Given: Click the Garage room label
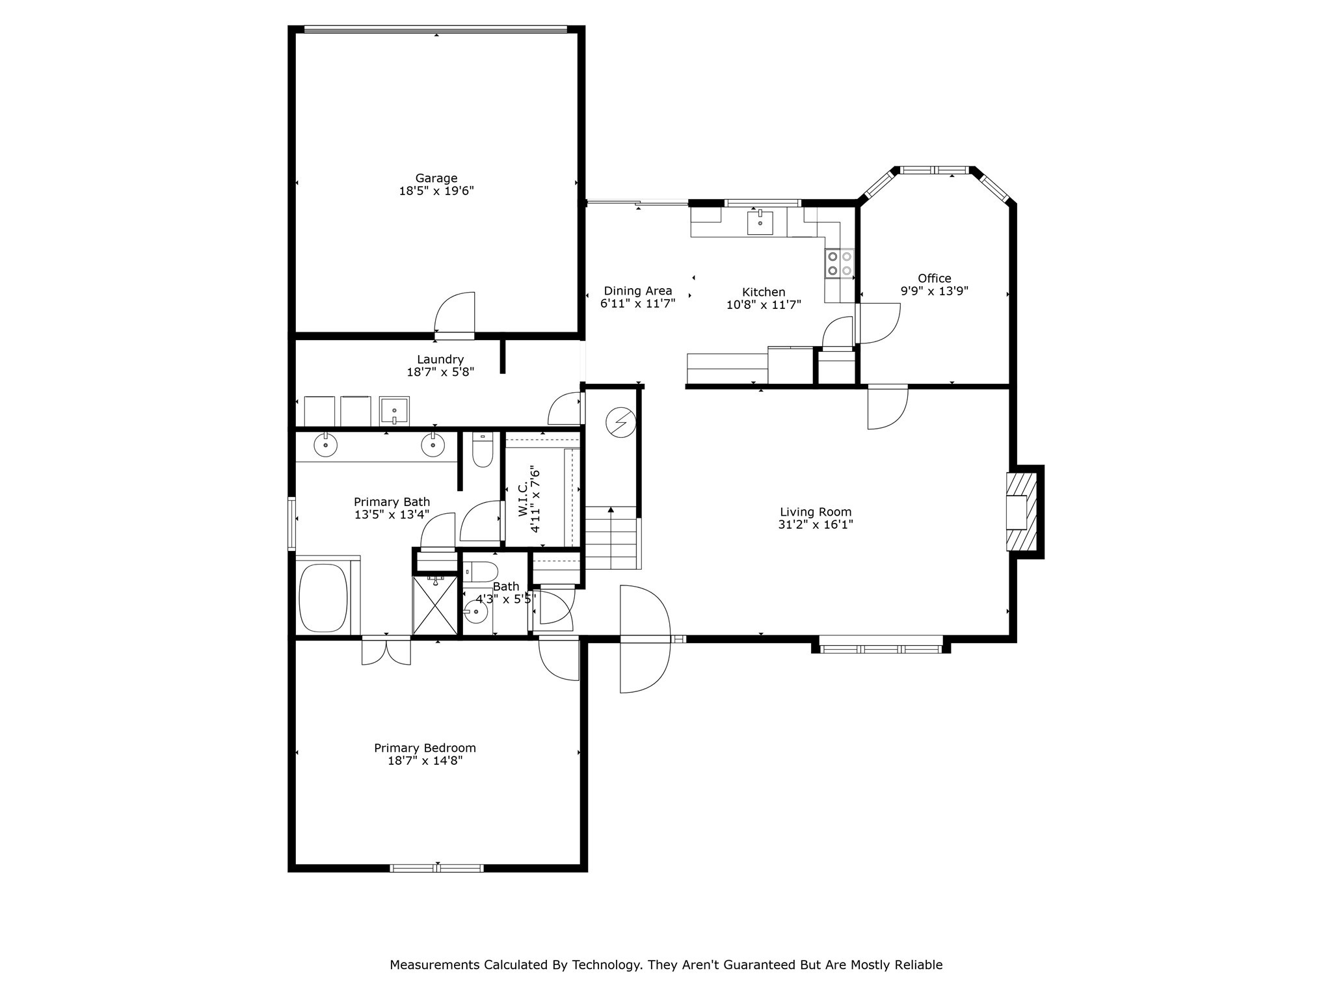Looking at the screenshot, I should click(436, 178).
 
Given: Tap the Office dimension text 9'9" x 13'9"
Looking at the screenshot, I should click(934, 291).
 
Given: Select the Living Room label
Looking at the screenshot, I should click(816, 513).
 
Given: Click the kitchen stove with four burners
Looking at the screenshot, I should click(839, 263).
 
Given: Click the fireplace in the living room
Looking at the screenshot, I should click(1020, 512).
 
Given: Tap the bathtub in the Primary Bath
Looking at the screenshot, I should click(323, 598).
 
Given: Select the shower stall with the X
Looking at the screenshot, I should click(435, 604).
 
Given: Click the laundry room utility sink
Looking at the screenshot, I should click(394, 410).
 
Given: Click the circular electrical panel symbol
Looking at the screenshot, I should click(620, 423).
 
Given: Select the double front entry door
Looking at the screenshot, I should click(644, 639).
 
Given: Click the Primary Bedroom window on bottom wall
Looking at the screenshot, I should click(436, 868).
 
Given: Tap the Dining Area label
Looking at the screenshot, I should click(637, 291).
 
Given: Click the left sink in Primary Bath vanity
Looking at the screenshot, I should click(325, 446).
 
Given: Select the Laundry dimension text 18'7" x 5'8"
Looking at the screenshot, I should click(440, 372).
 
